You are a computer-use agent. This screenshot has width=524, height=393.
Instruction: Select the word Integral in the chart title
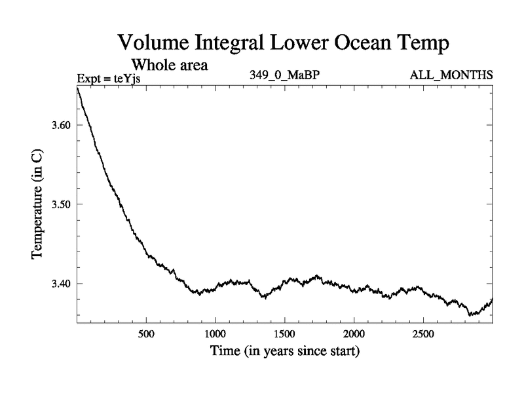[x=233, y=44]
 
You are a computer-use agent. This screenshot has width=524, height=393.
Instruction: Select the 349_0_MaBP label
[x=284, y=75]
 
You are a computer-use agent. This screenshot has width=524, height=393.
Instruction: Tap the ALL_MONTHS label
[x=451, y=75]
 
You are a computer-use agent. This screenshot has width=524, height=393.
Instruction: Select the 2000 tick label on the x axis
[x=354, y=334]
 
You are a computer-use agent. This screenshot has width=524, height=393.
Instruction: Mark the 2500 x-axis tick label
[x=423, y=334]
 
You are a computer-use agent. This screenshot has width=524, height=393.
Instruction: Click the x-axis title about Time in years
[x=284, y=352]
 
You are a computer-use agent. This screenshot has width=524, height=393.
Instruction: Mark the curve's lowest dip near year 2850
[x=470, y=315]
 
